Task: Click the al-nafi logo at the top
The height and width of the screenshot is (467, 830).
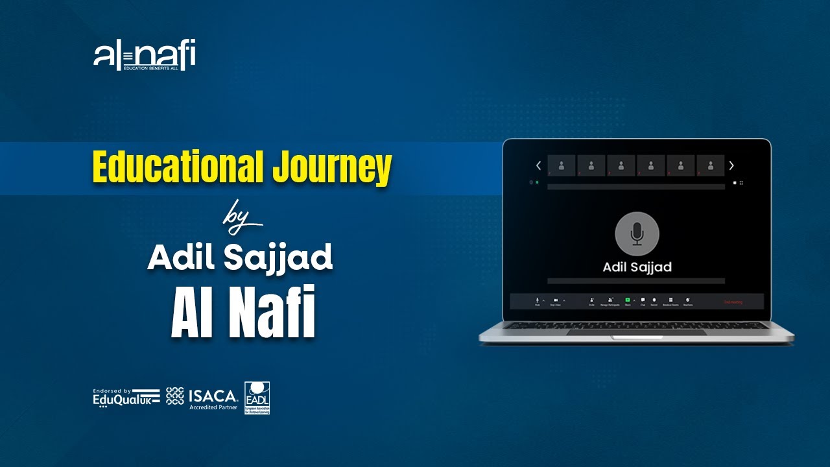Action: point(145,56)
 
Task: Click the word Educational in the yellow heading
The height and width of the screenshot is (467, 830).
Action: point(178,167)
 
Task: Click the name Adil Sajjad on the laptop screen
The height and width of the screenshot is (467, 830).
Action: point(637,267)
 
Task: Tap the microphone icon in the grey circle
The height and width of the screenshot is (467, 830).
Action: point(637,233)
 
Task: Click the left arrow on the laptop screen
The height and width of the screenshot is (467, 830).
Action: point(538,165)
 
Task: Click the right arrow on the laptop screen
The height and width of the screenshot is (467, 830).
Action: point(731,165)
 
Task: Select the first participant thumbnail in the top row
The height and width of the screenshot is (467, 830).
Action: point(562,165)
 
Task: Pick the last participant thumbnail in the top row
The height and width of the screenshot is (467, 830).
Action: point(711,165)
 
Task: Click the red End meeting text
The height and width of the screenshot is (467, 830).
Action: point(733,302)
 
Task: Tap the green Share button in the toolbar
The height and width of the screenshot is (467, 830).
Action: point(628,300)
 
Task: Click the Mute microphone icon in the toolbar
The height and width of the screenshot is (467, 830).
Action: point(538,300)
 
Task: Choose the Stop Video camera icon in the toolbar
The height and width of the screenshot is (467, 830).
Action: point(556,300)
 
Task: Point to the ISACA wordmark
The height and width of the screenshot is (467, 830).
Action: point(213,395)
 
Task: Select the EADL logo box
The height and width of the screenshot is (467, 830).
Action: point(257,397)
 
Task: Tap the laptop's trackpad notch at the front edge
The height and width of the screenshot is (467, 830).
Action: point(636,337)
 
